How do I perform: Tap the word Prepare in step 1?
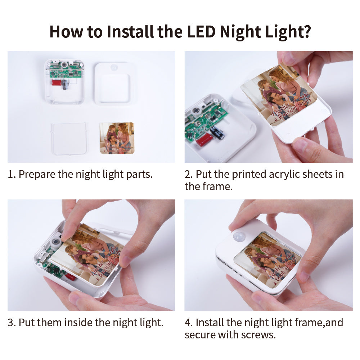(37, 174)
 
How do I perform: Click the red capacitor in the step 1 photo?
(57, 82)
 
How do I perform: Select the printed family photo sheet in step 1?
(116, 138)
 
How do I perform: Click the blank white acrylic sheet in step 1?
(69, 138)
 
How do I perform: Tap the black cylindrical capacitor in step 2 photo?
(217, 132)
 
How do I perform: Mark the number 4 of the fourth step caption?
(188, 322)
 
